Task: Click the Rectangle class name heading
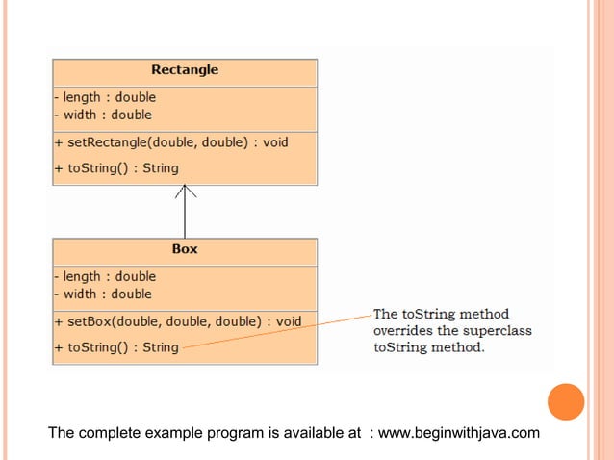point(185,69)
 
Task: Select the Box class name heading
point(185,248)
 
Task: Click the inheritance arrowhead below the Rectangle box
point(185,192)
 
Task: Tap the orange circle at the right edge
point(566,402)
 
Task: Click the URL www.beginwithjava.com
point(459,434)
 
